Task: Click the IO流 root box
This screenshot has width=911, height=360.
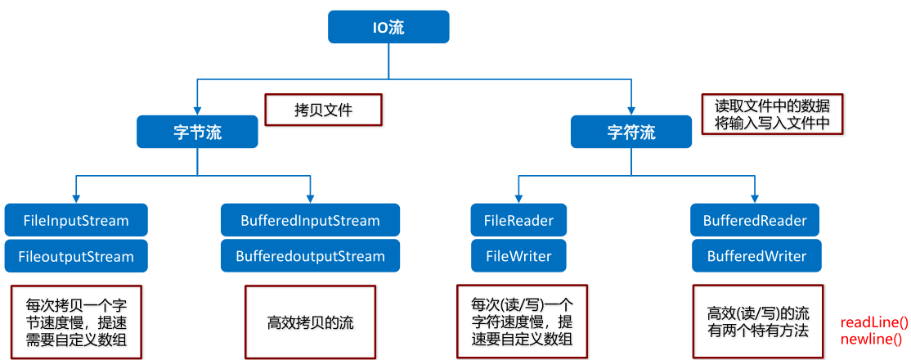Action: coord(388,27)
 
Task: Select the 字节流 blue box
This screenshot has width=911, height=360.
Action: coord(197,131)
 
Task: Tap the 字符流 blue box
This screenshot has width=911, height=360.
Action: coord(631,131)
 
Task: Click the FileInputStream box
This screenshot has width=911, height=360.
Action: coord(76,220)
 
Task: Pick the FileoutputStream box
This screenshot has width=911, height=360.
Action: coord(76,256)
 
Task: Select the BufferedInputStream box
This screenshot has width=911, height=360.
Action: coord(310,220)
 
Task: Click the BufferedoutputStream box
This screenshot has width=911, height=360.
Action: coord(310,256)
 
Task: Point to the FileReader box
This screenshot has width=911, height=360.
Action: coord(518,220)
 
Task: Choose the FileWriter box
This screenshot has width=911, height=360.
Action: coord(518,256)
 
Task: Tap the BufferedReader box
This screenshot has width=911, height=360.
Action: coord(755,220)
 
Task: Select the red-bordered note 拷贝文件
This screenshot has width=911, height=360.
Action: coord(323,110)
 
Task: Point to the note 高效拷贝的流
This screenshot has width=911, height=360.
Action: coord(311,322)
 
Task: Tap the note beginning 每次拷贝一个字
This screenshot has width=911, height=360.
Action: coord(76,321)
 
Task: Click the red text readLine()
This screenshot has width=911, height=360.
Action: coord(873,323)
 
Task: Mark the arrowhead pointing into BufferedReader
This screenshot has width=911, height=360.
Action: coord(755,199)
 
